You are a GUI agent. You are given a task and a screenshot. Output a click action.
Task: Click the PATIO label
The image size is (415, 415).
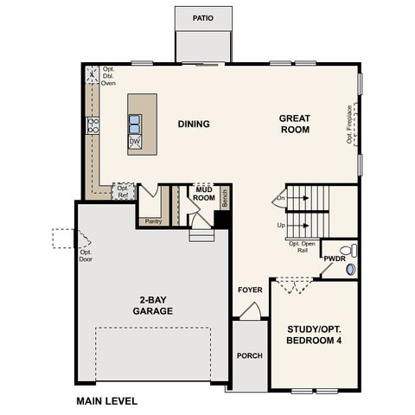point(203,17)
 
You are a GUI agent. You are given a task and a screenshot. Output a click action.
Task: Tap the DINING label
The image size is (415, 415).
point(194,124)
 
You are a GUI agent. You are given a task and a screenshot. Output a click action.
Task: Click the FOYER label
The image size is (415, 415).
point(250,290)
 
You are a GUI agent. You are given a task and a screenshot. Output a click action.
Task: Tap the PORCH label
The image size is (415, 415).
point(249,354)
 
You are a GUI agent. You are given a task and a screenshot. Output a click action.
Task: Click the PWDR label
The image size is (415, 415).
point(334,259)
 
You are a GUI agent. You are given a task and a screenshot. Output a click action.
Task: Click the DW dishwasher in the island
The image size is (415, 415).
point(135,141)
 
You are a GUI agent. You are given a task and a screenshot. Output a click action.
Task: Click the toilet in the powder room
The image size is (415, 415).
point(348,251)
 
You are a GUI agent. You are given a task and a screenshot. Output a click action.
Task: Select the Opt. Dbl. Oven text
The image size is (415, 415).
point(109,76)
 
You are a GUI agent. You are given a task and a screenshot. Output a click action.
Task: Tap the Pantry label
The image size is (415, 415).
point(153,220)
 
